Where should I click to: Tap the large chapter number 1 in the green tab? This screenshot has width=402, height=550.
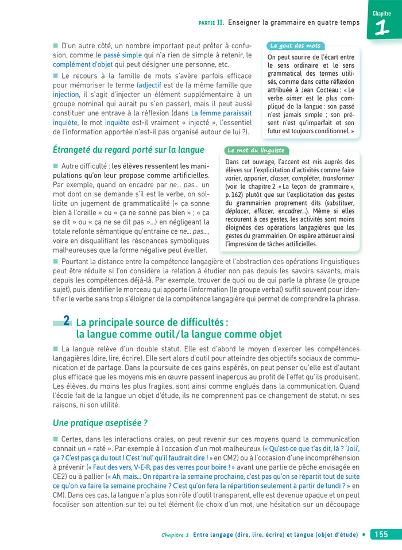[x=382, y=28]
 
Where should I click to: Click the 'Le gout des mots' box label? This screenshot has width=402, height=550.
[x=295, y=45]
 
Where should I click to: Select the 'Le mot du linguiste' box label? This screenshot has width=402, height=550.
[x=256, y=150]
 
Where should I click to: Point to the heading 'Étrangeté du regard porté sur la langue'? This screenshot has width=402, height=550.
[x=129, y=150]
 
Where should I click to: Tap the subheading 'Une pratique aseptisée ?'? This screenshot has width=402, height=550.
[x=100, y=423]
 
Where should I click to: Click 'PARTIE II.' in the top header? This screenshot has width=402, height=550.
[x=211, y=23]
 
